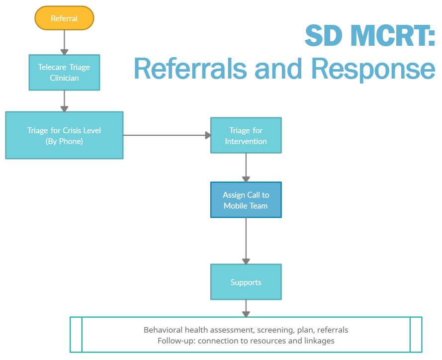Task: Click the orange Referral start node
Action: coord(64,18)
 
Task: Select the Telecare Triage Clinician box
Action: coord(64,73)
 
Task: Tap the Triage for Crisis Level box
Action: coord(64,135)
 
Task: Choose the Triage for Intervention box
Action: coord(246,135)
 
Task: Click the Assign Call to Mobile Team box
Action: coord(246,200)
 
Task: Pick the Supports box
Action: coord(246,282)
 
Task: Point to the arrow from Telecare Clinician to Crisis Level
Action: coord(64,101)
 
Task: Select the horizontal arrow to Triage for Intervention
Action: coord(167,135)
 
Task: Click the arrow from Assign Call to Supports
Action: coord(246,241)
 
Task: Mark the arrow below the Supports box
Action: coord(246,308)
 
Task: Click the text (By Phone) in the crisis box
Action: coord(64,141)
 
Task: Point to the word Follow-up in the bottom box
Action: coord(174,341)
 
